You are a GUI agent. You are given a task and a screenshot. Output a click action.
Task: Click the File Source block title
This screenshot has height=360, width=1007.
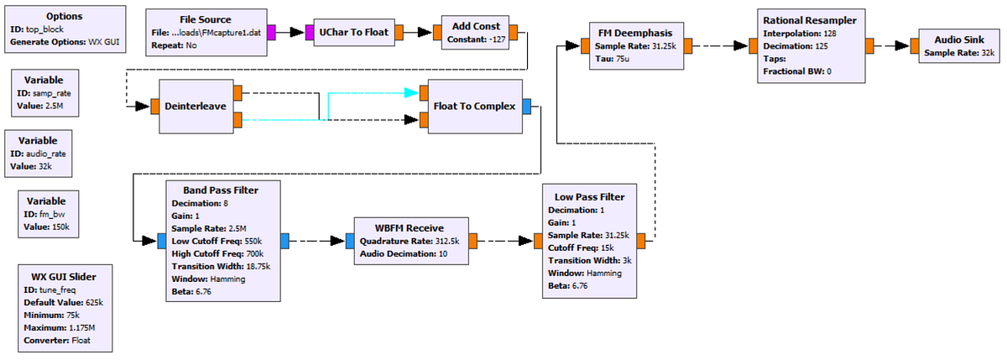205,19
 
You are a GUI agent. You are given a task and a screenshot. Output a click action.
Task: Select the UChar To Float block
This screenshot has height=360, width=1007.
353,33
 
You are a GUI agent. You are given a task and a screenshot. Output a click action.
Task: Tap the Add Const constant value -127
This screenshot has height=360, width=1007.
489,39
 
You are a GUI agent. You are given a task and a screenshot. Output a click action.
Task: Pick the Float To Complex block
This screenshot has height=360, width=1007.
474,107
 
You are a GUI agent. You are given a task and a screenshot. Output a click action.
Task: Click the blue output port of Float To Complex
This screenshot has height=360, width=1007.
526,107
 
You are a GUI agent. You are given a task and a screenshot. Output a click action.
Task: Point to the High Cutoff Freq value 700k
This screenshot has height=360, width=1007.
264,254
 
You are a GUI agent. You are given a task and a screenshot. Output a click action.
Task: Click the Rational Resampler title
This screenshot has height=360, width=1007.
809,19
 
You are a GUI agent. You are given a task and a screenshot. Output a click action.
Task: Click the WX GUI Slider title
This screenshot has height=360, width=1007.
63,276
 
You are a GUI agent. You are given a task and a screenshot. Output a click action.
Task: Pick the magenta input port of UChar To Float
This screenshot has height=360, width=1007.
309,33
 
